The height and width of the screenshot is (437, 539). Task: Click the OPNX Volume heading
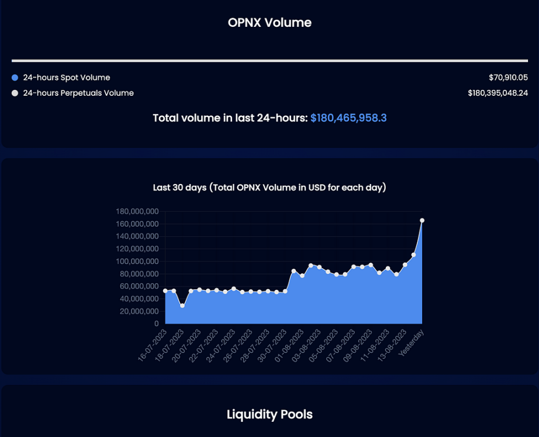(269, 23)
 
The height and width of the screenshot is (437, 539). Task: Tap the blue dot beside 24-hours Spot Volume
(15, 78)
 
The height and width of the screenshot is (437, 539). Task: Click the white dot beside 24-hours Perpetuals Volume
(15, 93)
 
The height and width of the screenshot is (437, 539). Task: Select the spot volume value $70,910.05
(508, 78)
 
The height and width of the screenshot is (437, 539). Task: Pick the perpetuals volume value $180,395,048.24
(497, 93)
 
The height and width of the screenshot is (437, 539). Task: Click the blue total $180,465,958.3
(348, 118)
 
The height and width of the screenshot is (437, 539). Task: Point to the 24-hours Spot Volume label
(66, 78)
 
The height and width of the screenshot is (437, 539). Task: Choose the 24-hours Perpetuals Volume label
(78, 93)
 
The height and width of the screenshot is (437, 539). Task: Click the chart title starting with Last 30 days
(269, 188)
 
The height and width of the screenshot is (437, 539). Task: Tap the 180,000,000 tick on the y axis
(137, 211)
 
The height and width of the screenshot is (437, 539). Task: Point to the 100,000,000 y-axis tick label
(137, 261)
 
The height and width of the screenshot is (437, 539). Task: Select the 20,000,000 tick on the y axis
(140, 311)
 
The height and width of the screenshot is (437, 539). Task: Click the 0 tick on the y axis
(156, 324)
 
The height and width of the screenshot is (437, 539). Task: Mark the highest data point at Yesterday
(421, 220)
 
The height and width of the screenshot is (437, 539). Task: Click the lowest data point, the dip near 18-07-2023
(182, 306)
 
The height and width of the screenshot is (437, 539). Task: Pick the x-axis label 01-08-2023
(289, 346)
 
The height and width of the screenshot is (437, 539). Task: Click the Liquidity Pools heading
(269, 414)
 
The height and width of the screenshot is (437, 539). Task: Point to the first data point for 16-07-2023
(165, 291)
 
